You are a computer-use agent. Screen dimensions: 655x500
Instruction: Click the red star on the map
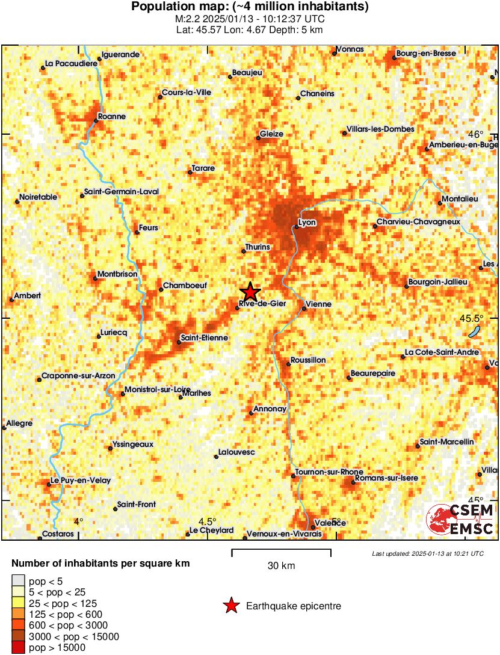point(250,292)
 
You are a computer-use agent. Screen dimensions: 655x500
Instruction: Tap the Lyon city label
point(307,223)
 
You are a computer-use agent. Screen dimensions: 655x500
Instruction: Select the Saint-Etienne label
point(205,338)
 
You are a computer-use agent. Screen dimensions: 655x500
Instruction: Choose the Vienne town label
point(319,304)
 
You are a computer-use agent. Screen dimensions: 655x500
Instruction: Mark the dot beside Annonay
point(251,413)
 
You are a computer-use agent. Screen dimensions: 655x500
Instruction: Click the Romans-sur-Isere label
point(386,478)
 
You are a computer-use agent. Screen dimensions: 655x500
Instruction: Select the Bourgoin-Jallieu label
point(437,281)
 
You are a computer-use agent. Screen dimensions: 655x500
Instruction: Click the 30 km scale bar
point(282,550)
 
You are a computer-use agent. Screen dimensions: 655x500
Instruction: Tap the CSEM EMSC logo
point(460,519)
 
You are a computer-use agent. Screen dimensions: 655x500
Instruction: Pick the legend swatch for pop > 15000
point(18,647)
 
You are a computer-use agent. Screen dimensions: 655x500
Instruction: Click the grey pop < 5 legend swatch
point(18,581)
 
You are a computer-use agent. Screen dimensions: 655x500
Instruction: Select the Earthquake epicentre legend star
point(230,606)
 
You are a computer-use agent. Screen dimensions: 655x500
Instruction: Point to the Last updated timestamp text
point(427,553)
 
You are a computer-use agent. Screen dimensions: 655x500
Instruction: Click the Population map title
point(250,7)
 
